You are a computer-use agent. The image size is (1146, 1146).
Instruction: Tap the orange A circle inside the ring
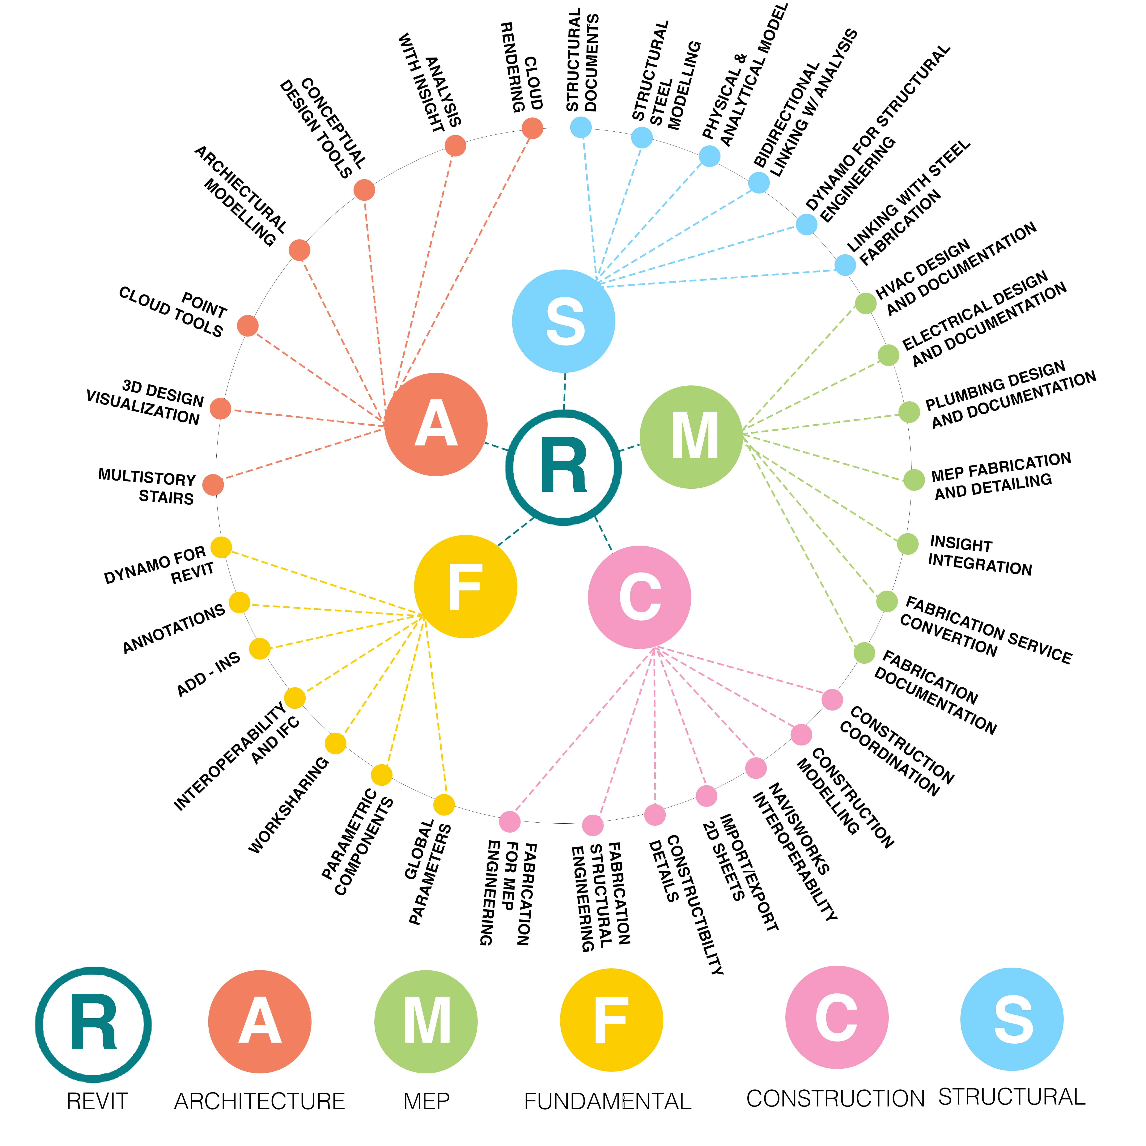(436, 424)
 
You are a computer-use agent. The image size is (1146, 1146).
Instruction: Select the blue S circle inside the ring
(563, 321)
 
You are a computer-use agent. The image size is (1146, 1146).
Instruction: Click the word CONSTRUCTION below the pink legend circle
(835, 1099)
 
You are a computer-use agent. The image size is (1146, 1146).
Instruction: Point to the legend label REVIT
(97, 1101)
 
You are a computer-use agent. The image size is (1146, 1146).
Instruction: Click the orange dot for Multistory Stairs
(213, 485)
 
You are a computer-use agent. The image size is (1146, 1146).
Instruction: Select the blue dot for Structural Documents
(581, 127)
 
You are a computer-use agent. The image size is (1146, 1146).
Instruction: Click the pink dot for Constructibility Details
(655, 814)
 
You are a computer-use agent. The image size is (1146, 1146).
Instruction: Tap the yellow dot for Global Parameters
(444, 805)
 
